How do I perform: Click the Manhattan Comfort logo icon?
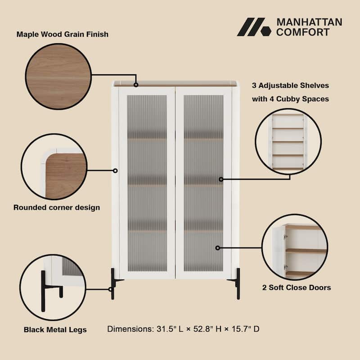[x=254, y=27]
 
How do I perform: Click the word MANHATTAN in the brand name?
[x=309, y=22]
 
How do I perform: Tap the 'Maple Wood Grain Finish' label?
[x=63, y=34]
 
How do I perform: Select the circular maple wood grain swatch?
[x=58, y=76]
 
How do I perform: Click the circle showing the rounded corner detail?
[x=54, y=166]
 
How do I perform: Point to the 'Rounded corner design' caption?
[x=57, y=207]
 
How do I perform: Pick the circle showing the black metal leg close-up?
[x=53, y=288]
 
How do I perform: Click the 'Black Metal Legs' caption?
[x=55, y=330]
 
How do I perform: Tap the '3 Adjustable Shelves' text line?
[x=291, y=85]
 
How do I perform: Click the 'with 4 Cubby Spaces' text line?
[x=291, y=99]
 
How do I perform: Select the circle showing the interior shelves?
[x=288, y=141]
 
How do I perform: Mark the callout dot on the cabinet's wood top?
[x=136, y=84]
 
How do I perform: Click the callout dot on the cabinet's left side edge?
[x=115, y=171]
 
